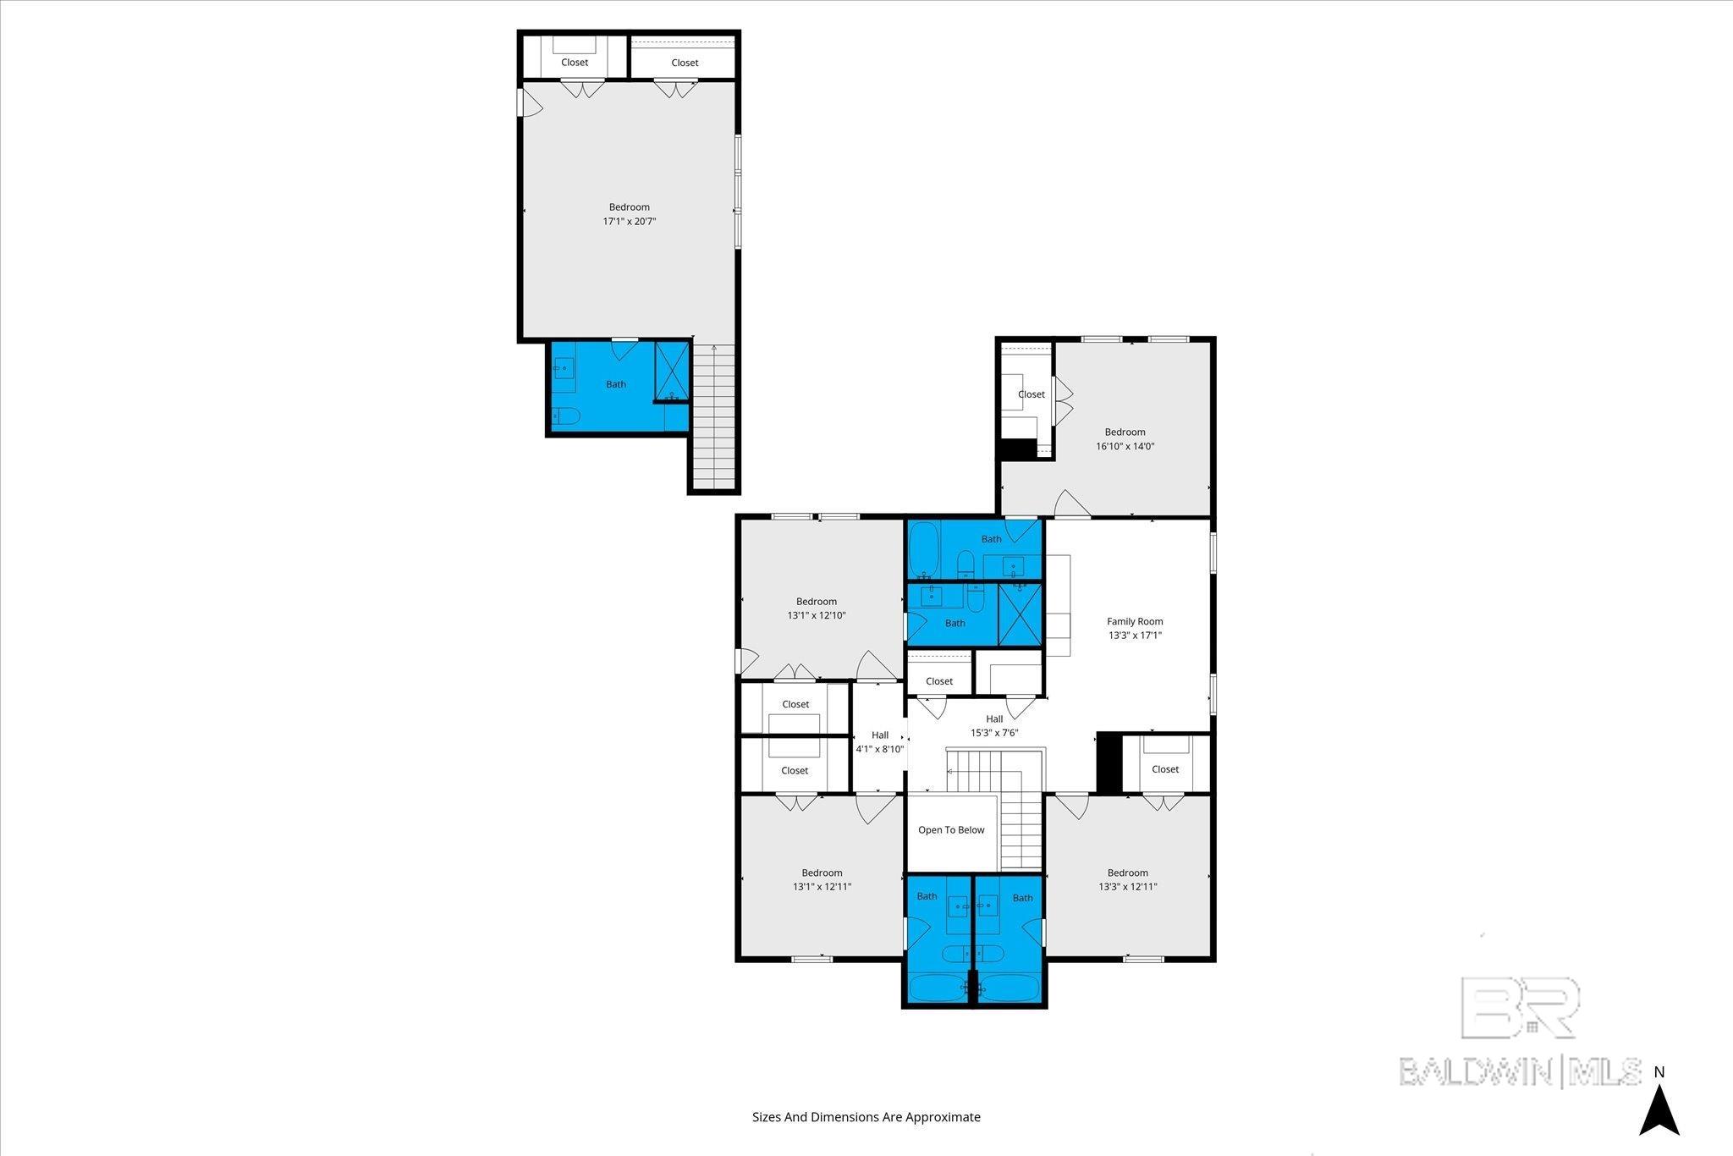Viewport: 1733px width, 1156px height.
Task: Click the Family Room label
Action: [1135, 621]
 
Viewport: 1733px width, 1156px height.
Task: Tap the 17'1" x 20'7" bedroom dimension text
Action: [630, 221]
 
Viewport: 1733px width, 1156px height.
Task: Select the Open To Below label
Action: [951, 829]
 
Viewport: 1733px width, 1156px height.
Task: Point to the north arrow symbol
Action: [1659, 1110]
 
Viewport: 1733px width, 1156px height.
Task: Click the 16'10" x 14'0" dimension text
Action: [1125, 446]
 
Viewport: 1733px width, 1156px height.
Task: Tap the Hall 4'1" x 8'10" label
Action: [880, 742]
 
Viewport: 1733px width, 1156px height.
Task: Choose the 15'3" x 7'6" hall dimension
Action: [994, 733]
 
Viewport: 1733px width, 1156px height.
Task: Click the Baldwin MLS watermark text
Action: [1521, 1071]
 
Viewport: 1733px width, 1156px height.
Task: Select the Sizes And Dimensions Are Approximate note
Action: [866, 1117]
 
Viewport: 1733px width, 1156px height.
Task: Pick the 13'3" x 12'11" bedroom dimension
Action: [1128, 887]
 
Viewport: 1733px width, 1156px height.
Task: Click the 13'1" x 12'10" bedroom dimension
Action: [817, 615]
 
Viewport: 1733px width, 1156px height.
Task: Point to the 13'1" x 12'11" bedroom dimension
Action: [822, 887]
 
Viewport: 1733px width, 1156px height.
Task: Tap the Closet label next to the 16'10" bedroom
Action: [1032, 394]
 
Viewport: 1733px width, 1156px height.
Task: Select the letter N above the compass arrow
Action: [1659, 1072]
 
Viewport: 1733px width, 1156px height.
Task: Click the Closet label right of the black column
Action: [1165, 769]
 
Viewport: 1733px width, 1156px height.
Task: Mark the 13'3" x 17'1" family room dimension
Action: [1135, 635]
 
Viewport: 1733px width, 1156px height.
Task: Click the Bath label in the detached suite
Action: [616, 384]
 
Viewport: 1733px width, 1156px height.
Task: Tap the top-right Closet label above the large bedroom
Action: [685, 63]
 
